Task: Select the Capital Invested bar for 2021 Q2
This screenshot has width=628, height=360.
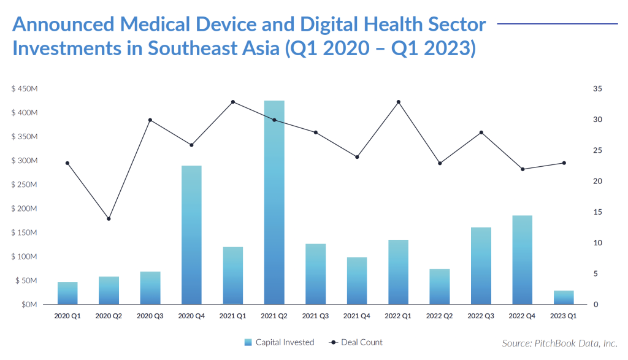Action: click(x=274, y=202)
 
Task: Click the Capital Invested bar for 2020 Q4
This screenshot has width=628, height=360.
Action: click(x=191, y=235)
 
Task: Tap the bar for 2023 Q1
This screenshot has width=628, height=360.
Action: click(x=564, y=297)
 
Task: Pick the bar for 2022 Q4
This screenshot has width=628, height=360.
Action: click(x=523, y=260)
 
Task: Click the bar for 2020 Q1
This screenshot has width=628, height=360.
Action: click(x=67, y=294)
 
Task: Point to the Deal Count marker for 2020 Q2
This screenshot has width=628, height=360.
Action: click(x=109, y=219)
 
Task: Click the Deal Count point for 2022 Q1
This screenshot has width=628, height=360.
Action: click(x=399, y=102)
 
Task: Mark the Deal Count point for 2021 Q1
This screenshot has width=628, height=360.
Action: click(x=233, y=102)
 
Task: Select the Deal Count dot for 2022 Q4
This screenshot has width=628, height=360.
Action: click(x=523, y=169)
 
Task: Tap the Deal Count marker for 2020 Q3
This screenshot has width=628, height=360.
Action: click(x=150, y=120)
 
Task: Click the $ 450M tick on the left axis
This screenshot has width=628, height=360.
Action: click(x=25, y=88)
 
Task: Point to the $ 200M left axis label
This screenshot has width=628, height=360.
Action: click(x=25, y=209)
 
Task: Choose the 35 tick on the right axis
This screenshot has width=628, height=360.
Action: click(x=597, y=88)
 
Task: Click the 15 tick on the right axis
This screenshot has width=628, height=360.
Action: click(x=597, y=212)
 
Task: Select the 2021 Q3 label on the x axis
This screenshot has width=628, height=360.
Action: click(x=315, y=316)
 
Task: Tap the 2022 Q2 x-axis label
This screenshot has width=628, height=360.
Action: click(x=439, y=316)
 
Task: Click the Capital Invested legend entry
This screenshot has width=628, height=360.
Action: click(x=279, y=342)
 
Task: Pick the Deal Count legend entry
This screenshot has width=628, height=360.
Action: click(x=356, y=342)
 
